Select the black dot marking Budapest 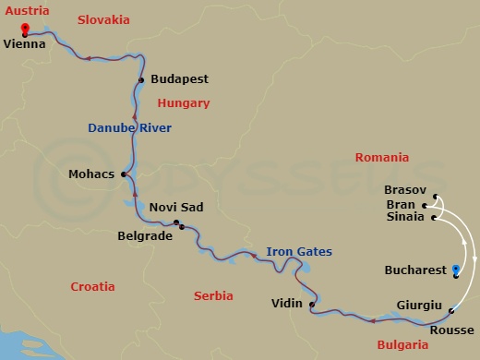pos(141,80)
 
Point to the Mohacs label pos(91,173)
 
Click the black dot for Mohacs pos(123,173)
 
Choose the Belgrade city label pos(145,236)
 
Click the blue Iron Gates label pos(299,251)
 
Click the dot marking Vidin pos(312,305)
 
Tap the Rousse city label pos(451,330)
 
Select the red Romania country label pos(381,158)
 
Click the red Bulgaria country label pos(403,344)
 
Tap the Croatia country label pos(93,286)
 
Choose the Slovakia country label pos(103,18)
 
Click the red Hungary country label pos(184,103)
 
